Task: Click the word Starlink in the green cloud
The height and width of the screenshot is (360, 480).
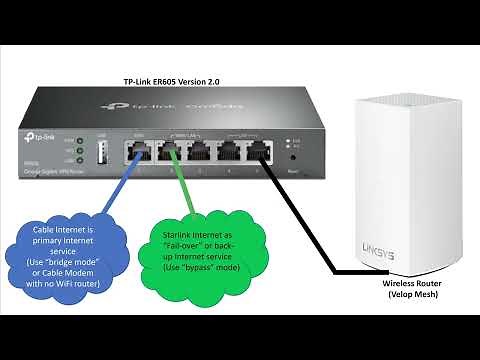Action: (x=181, y=232)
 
